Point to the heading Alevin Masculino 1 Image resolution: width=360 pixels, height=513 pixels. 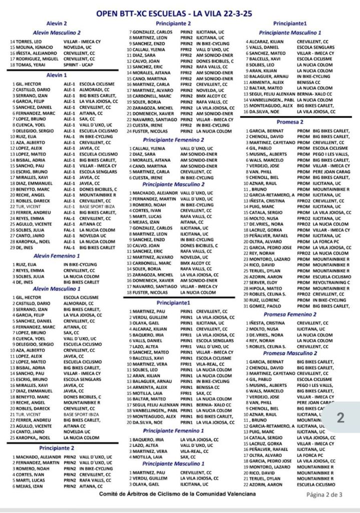[56, 289]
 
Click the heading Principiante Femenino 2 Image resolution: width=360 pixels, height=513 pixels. [173, 140]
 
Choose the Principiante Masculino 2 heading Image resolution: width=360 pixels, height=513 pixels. [173, 184]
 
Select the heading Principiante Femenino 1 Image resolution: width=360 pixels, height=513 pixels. [173, 430]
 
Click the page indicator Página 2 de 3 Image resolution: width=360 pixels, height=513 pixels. [324, 494]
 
